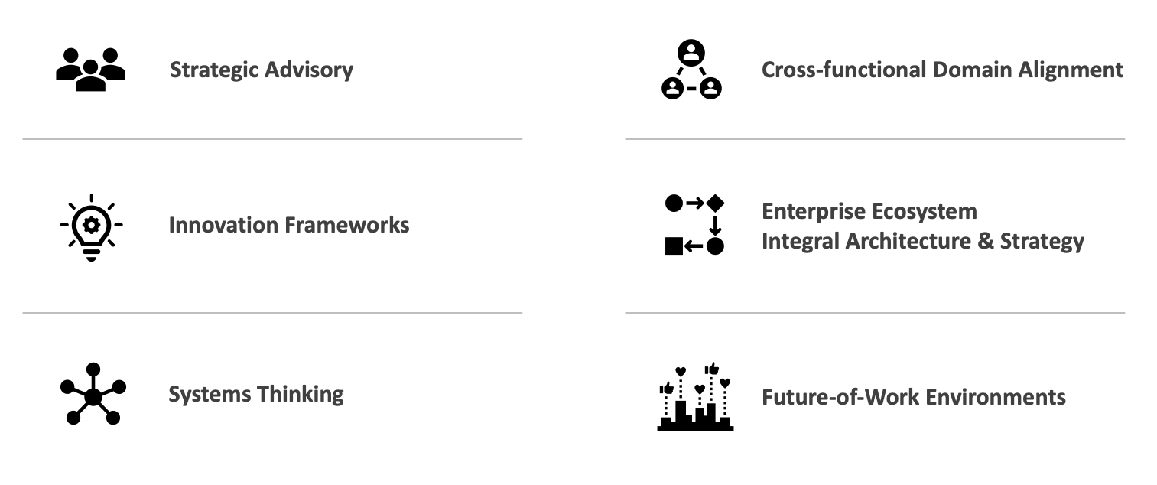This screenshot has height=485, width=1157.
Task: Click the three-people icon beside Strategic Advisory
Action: click(90, 70)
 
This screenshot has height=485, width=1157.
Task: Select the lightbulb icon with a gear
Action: click(91, 226)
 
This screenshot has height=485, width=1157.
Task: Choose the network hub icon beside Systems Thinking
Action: click(93, 394)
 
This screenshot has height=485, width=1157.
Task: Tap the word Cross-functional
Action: click(843, 70)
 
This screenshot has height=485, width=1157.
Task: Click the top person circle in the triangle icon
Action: click(691, 53)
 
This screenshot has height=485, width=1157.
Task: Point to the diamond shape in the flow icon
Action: click(715, 203)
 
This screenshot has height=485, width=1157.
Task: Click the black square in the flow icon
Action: click(674, 246)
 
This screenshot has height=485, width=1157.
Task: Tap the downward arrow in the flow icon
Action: click(715, 225)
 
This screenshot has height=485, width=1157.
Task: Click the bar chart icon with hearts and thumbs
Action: click(695, 397)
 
